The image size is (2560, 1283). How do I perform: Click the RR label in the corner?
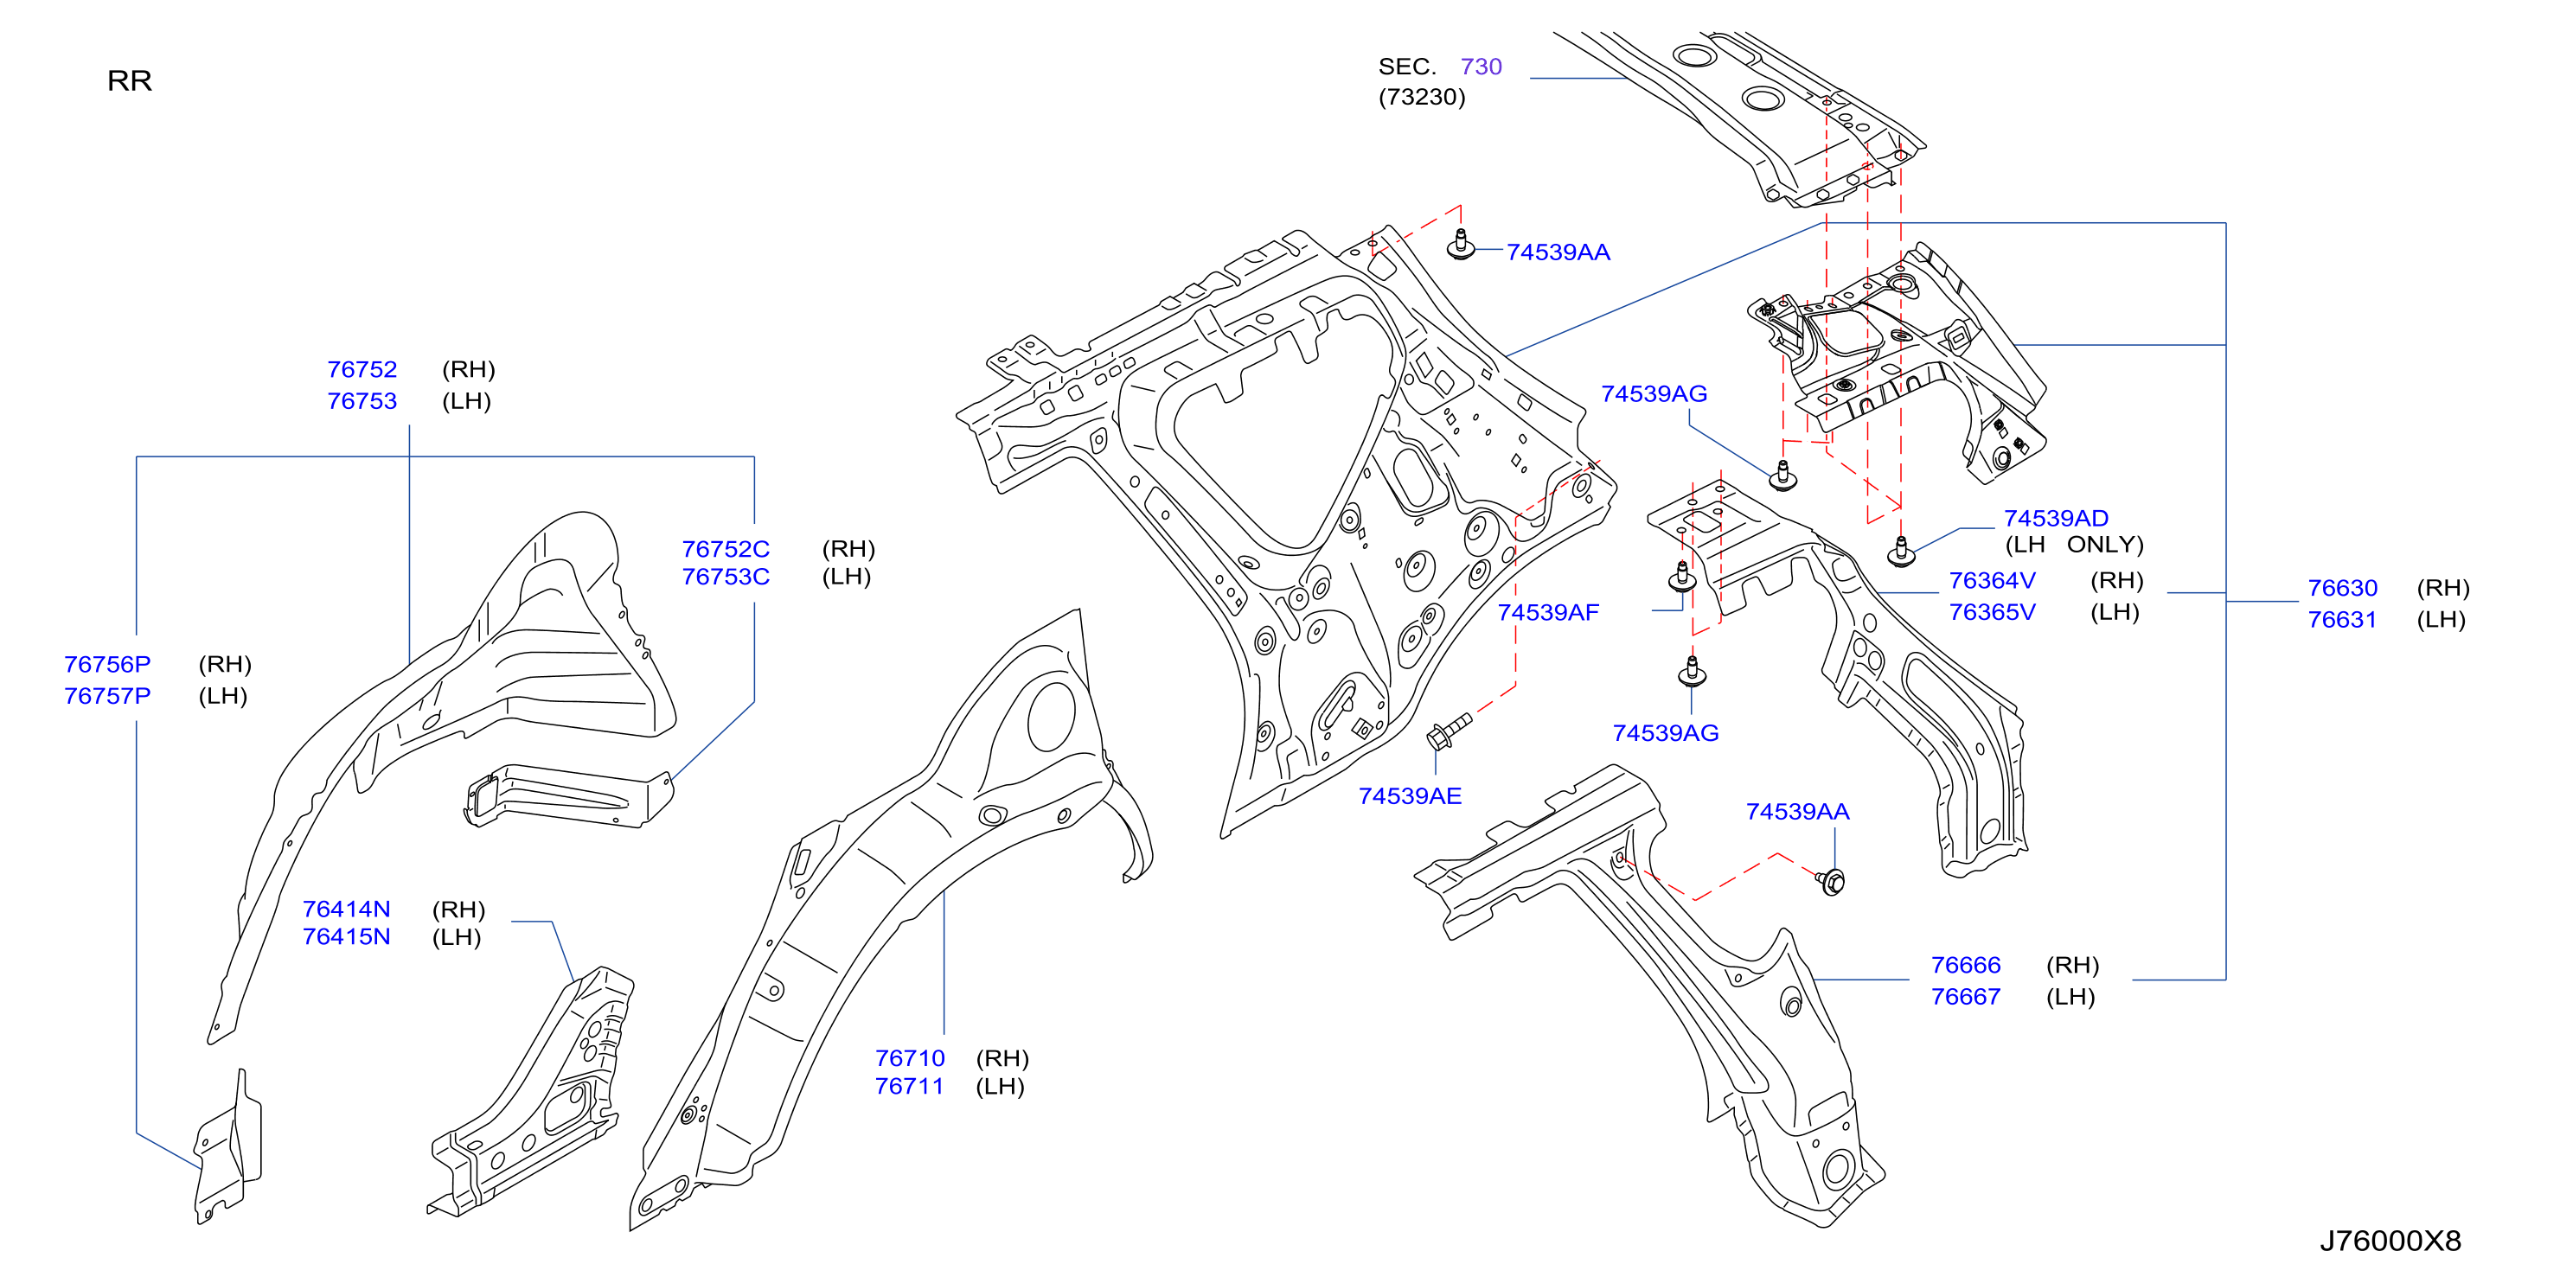129,80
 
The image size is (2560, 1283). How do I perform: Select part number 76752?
362,370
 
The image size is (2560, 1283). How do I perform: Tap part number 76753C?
726,577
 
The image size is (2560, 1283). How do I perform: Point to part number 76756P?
107,664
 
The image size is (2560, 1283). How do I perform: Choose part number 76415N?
346,936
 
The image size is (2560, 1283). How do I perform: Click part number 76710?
909,1057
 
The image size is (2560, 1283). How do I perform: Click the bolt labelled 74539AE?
1447,731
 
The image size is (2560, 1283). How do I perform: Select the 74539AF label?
1547,612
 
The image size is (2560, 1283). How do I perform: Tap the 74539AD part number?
2055,518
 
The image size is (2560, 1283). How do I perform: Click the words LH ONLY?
2074,545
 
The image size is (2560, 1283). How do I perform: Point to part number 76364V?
1992,580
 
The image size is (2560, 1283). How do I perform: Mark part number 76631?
2341,619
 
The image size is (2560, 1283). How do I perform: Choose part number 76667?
1965,996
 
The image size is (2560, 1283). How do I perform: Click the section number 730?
1481,67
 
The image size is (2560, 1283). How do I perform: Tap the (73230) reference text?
1421,97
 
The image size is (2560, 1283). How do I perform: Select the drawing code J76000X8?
2390,1241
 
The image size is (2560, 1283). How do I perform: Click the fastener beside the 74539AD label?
1901,552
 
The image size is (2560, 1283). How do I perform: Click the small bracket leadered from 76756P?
227,1147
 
